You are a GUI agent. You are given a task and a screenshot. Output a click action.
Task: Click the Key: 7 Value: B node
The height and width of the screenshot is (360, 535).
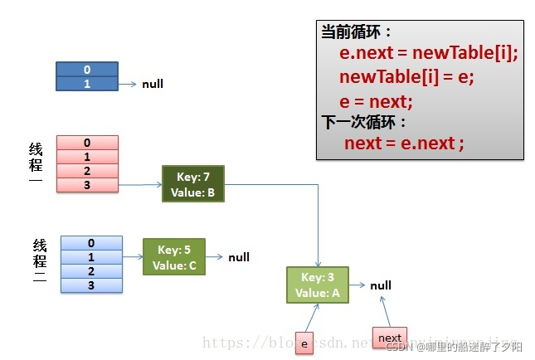click(x=192, y=184)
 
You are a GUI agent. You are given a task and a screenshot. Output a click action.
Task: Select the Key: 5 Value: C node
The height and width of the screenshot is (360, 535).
click(x=173, y=257)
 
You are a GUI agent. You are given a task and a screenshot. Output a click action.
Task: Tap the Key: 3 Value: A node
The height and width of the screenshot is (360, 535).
click(x=318, y=285)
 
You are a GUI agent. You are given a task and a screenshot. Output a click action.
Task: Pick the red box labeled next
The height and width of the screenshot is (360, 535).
click(x=390, y=338)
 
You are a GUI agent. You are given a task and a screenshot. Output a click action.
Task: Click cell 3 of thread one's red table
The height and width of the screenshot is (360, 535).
click(x=87, y=185)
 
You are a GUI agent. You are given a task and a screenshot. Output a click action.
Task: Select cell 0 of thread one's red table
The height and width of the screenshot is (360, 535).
click(x=87, y=143)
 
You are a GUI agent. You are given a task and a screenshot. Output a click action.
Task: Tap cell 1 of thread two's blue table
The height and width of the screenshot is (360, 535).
click(x=91, y=257)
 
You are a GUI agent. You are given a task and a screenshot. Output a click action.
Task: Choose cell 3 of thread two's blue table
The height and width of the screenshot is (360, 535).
click(x=91, y=285)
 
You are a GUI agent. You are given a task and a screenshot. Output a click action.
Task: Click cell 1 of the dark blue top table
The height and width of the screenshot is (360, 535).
click(x=87, y=84)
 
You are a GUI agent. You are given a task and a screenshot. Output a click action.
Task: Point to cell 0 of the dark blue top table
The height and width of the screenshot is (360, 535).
click(x=87, y=70)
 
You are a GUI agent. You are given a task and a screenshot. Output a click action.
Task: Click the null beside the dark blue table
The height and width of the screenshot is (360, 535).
click(x=153, y=85)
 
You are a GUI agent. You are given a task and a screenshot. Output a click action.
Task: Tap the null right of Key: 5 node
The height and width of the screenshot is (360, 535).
click(x=239, y=257)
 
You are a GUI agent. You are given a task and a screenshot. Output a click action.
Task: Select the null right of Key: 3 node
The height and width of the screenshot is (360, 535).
click(x=381, y=285)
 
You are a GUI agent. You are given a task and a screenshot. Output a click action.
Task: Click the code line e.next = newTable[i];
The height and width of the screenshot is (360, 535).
click(x=428, y=54)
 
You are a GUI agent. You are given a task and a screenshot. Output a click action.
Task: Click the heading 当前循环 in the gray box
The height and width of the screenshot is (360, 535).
click(x=356, y=32)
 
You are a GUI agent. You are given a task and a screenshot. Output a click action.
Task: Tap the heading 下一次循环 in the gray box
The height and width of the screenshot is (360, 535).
click(x=365, y=121)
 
